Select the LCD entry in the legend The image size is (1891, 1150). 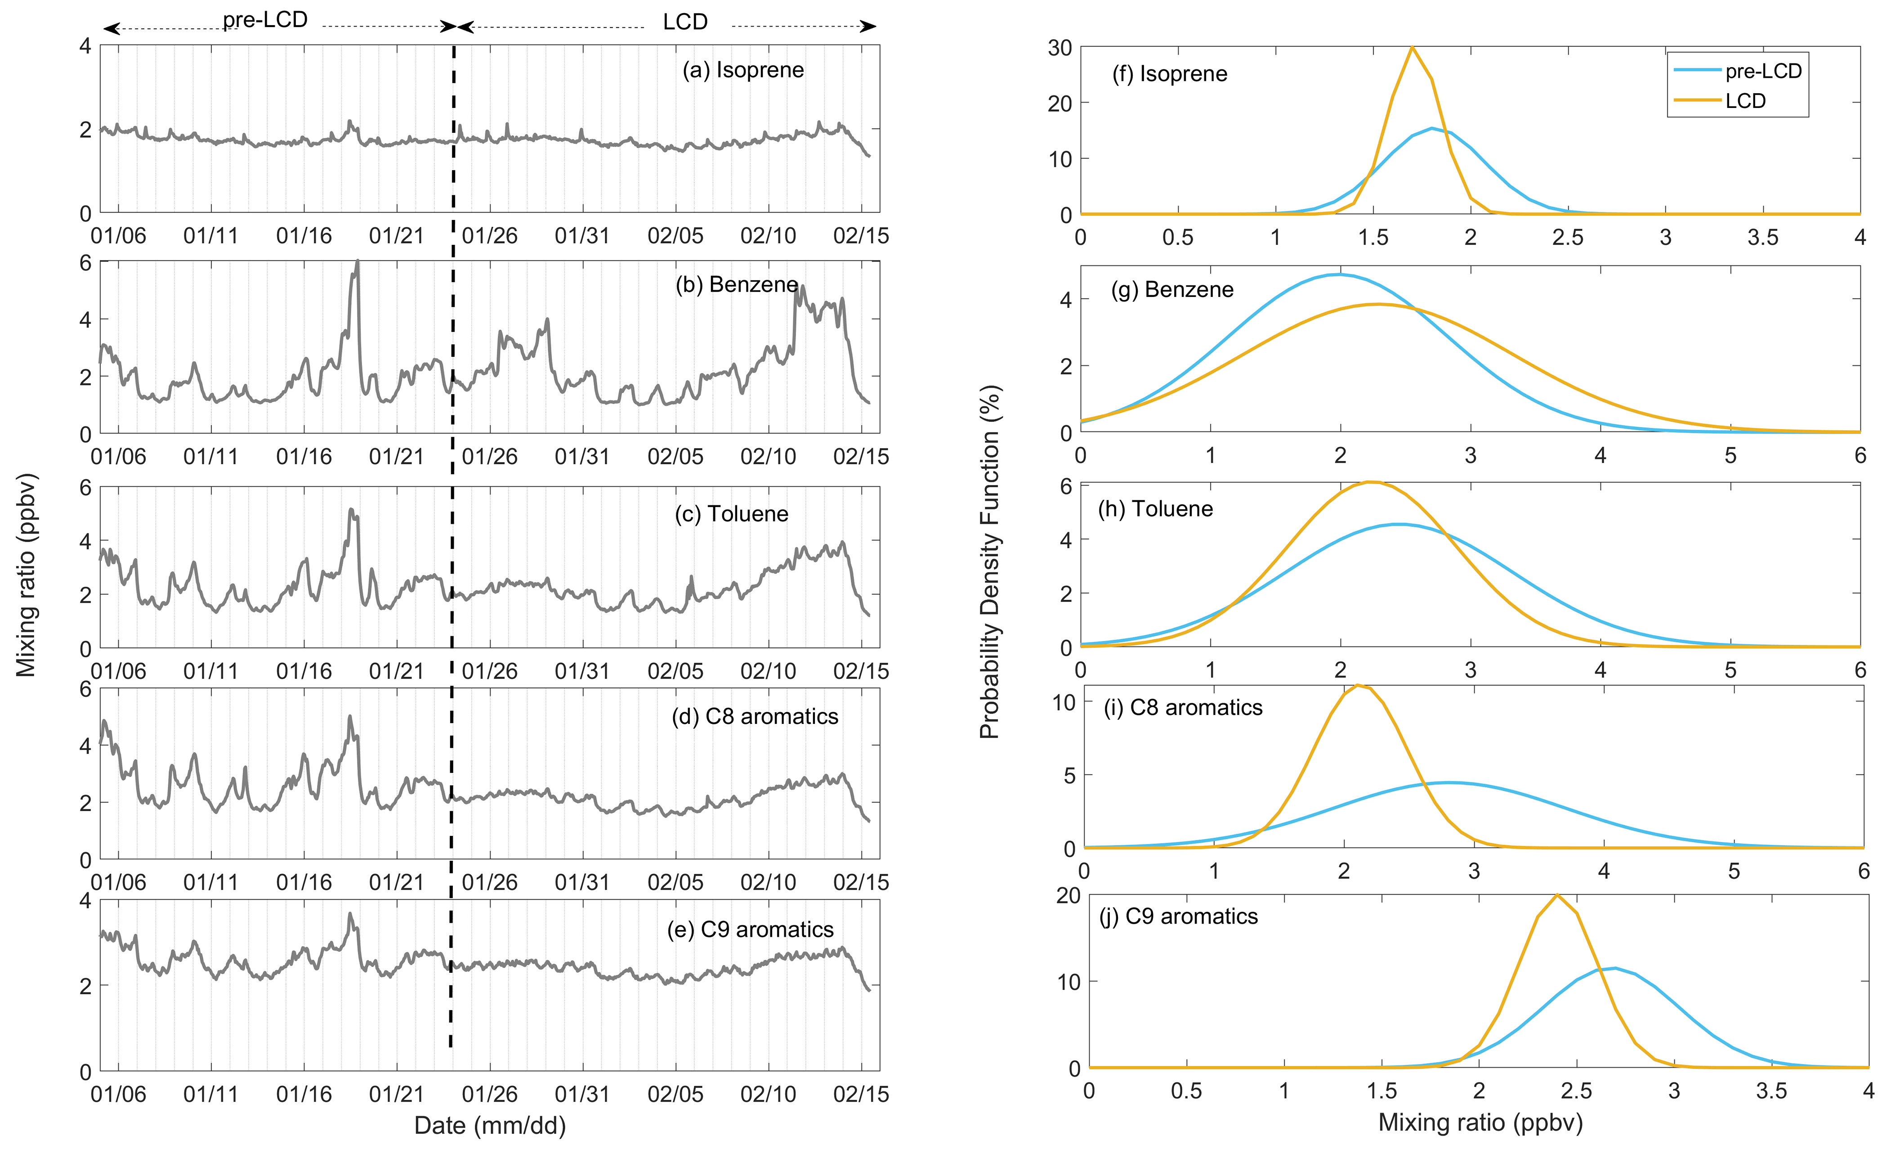[1745, 101]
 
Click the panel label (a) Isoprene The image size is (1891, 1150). [743, 70]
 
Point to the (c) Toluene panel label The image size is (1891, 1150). [731, 513]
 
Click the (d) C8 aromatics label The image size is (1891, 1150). [755, 716]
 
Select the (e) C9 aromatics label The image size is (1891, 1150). [750, 930]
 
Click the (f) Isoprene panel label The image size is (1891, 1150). [1170, 74]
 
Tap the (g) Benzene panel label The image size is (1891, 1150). [1172, 289]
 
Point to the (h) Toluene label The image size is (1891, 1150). [1155, 509]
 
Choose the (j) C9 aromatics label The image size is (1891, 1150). [1179, 916]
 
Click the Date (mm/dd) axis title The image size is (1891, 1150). [490, 1125]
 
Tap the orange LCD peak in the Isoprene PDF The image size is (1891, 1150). [1412, 48]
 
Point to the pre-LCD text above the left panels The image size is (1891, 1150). [265, 20]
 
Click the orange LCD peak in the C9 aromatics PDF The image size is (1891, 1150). [1556, 895]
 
